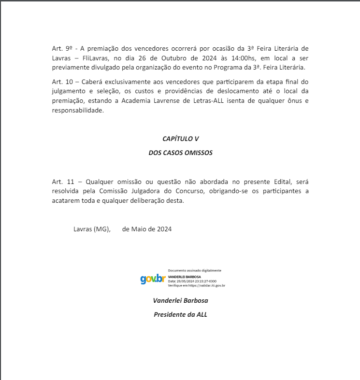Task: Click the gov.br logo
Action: [153, 279]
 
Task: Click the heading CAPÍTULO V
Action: [180, 139]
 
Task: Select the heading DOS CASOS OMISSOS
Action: [180, 153]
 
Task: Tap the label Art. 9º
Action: [62, 48]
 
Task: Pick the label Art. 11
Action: [63, 182]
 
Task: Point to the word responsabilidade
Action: [78, 111]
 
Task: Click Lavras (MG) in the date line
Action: [92, 229]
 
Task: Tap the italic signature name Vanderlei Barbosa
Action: [180, 300]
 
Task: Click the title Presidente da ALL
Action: [180, 314]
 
